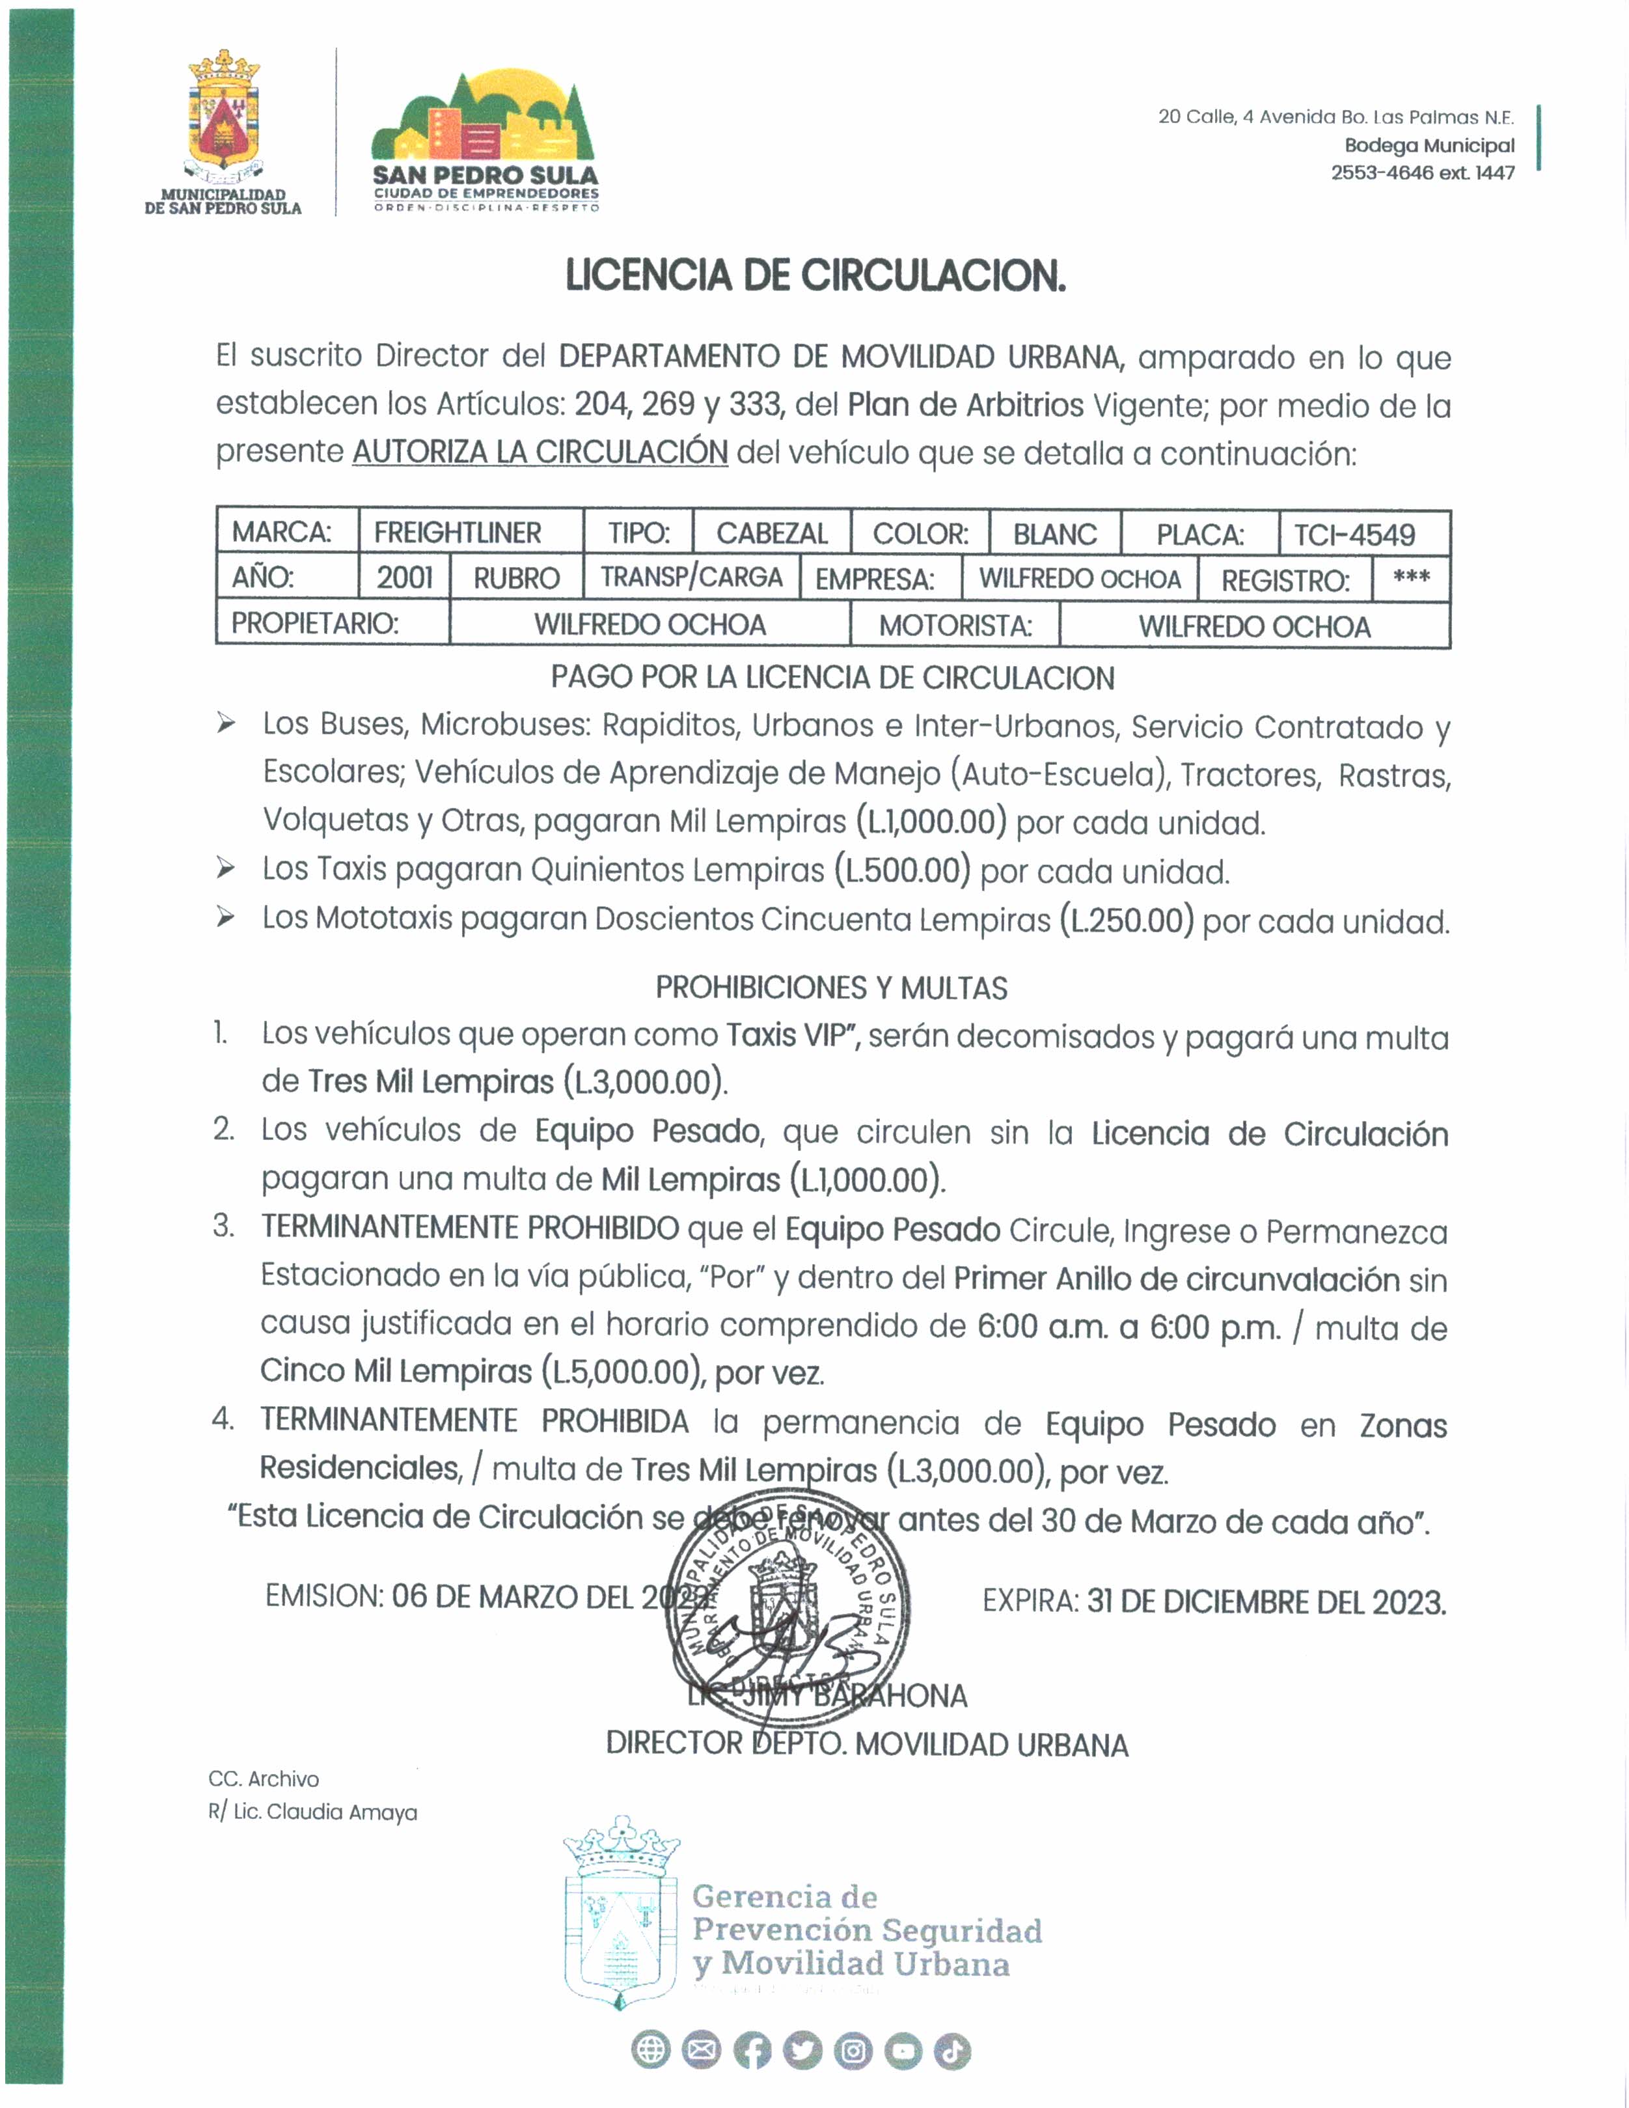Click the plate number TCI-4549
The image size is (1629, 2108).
click(1354, 534)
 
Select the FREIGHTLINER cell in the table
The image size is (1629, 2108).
click(458, 533)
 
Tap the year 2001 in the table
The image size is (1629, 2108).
click(404, 577)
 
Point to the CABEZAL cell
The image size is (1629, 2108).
click(772, 533)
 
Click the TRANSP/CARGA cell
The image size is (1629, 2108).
click(691, 577)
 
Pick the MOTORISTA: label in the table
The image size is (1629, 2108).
click(955, 626)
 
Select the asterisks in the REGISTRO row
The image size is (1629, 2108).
click(1411, 577)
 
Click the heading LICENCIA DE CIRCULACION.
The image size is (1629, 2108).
click(815, 276)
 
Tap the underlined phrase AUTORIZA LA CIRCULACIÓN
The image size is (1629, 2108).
click(540, 452)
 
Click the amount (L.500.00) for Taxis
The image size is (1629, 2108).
click(902, 870)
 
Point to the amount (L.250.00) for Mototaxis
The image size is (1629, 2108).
click(1126, 920)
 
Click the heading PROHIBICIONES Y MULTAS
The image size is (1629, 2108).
click(831, 988)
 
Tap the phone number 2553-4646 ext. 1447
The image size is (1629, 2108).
click(1423, 173)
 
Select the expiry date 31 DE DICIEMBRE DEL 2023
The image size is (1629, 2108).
click(1266, 1602)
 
